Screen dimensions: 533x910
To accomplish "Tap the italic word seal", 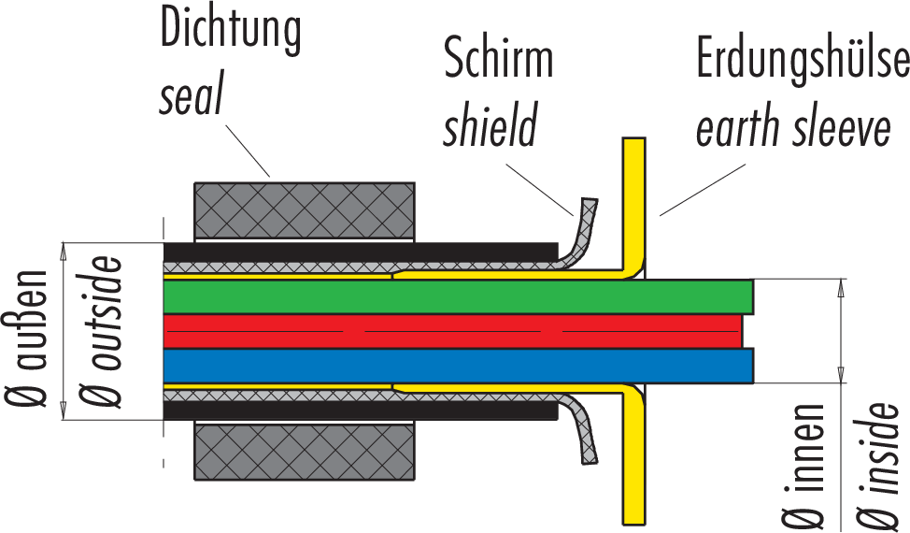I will pyautogui.click(x=191, y=96).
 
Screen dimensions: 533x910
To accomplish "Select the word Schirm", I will pyautogui.click(x=498, y=58).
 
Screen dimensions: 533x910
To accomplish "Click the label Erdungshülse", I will pyautogui.click(x=803, y=58).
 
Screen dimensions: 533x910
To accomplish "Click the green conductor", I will pyautogui.click(x=458, y=296).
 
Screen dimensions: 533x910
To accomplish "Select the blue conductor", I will pyautogui.click(x=458, y=366).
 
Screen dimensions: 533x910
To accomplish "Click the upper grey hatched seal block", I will pyautogui.click(x=305, y=209).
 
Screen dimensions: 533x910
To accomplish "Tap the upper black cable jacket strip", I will pyautogui.click(x=360, y=252).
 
